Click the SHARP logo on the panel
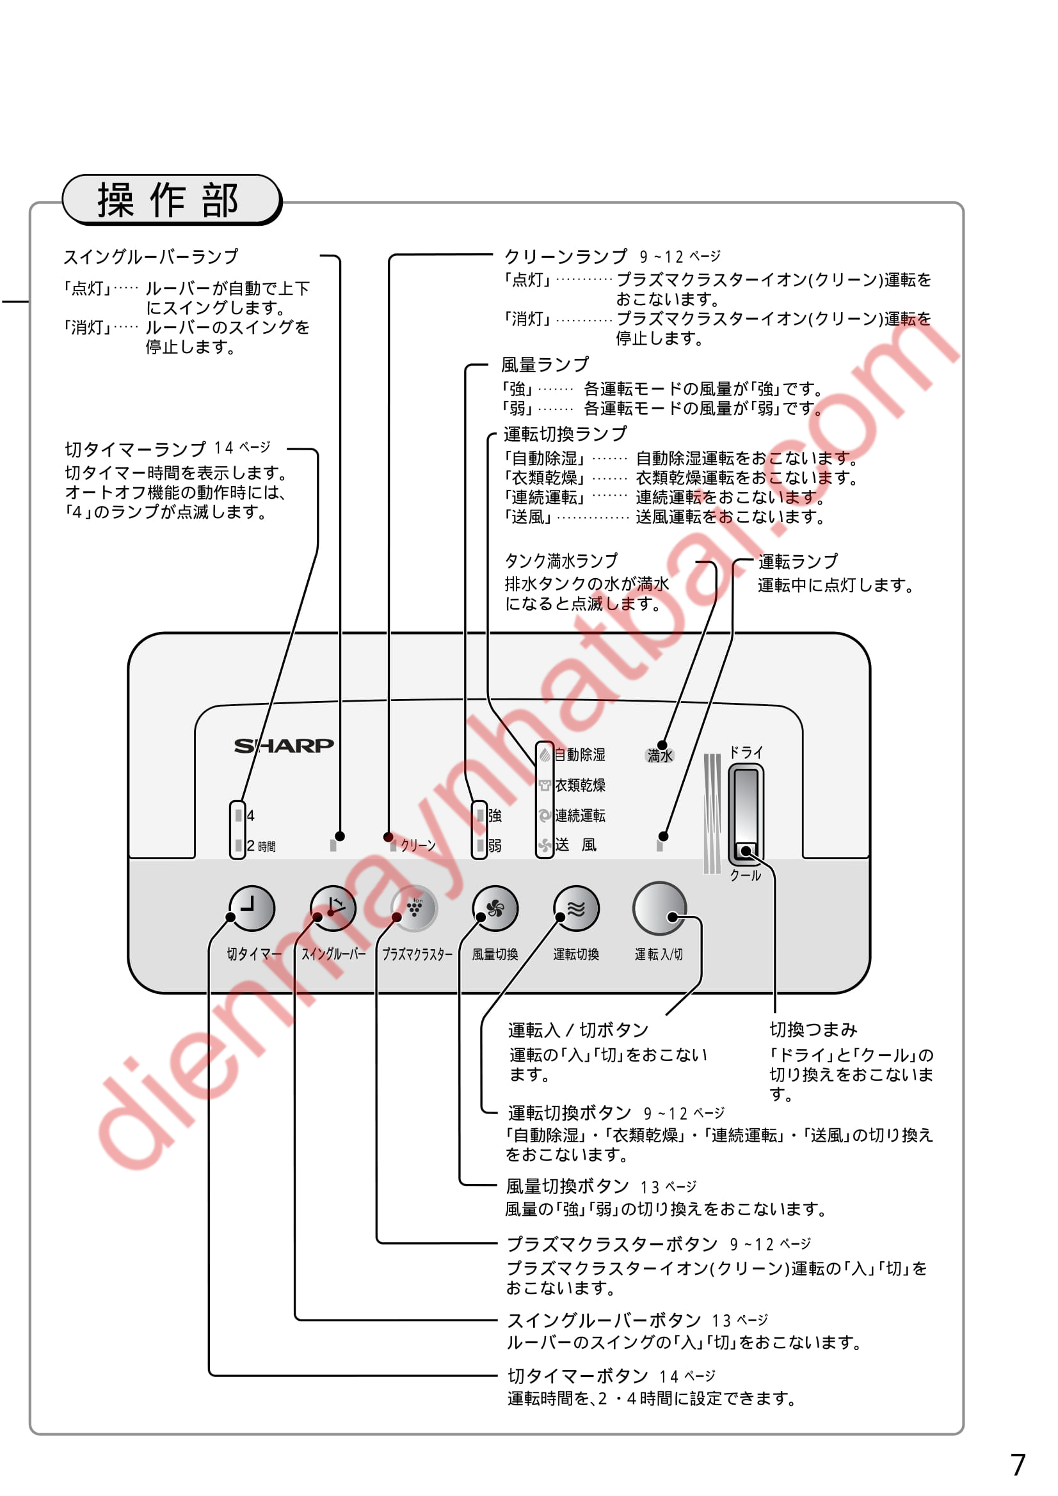click(x=284, y=745)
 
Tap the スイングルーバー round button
click(x=332, y=908)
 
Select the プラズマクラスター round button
click(x=413, y=908)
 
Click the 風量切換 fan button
click(x=495, y=908)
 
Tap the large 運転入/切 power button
click(x=659, y=908)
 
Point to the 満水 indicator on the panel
click(x=659, y=756)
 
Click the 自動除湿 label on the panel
click(x=579, y=755)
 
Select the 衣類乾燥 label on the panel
click(x=579, y=785)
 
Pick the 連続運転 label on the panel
click(x=579, y=815)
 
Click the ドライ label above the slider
click(x=745, y=753)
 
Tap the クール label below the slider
click(x=745, y=876)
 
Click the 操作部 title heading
click(x=169, y=200)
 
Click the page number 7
click(x=1018, y=1465)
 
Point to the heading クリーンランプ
click(x=566, y=256)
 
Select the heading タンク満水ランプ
click(x=561, y=560)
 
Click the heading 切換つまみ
click(x=813, y=1030)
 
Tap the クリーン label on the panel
click(x=418, y=845)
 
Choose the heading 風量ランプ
click(x=544, y=364)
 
